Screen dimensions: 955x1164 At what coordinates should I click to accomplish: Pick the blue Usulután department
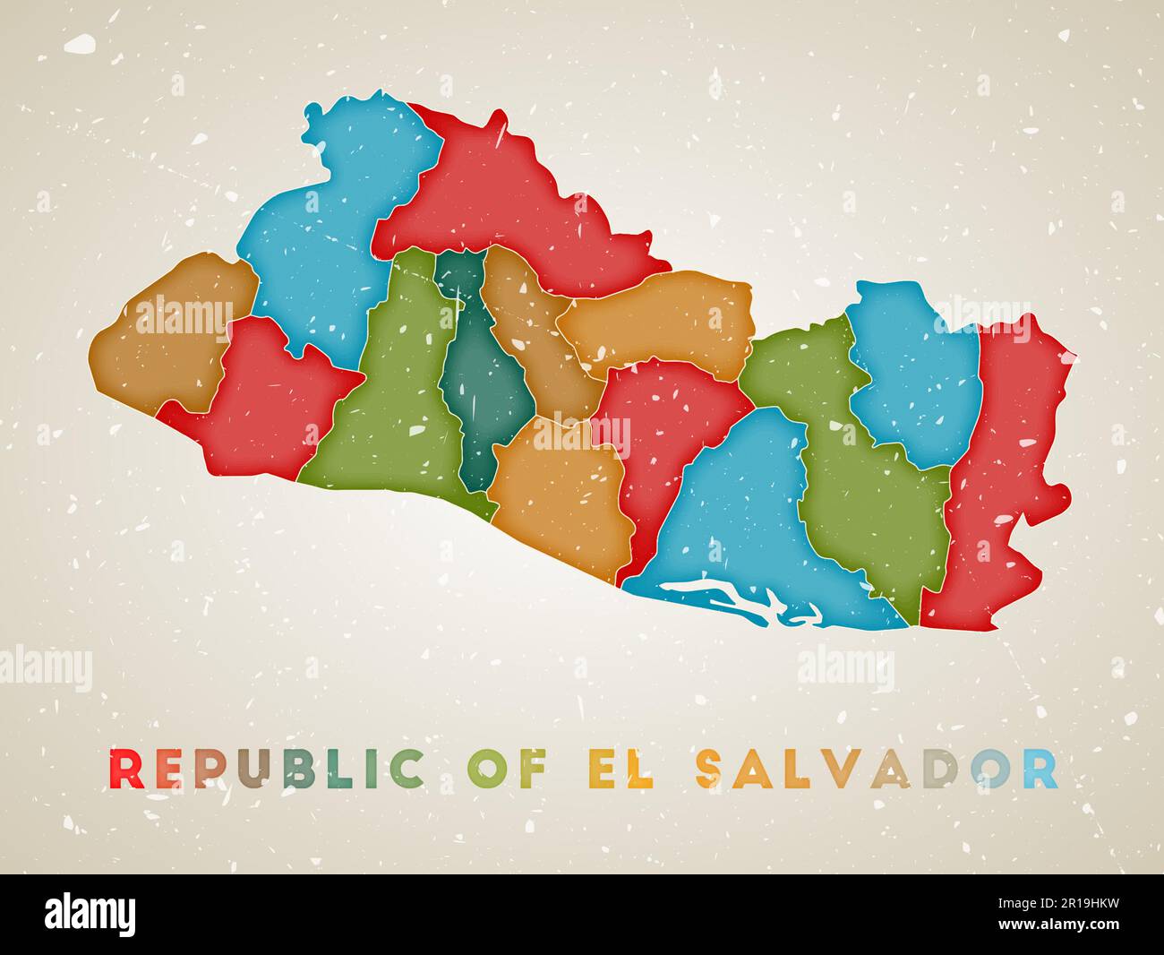click(x=734, y=511)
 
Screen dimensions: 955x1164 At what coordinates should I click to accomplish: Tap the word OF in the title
click(x=503, y=769)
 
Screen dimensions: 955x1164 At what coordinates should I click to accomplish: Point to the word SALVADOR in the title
click(x=877, y=769)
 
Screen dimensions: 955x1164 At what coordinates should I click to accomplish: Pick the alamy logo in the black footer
click(x=90, y=914)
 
